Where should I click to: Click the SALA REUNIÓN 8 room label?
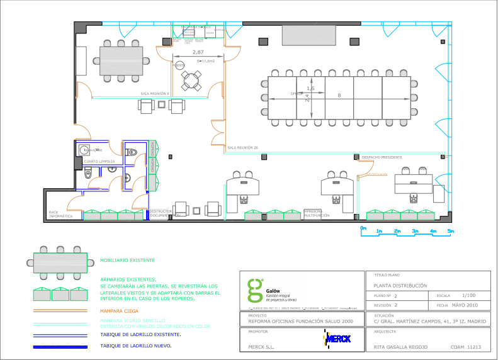pyautogui.click(x=156, y=94)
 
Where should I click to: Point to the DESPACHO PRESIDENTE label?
pyautogui.click(x=382, y=157)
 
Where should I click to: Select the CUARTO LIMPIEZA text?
pyautogui.click(x=99, y=162)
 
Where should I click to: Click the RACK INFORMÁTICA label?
pyautogui.click(x=61, y=214)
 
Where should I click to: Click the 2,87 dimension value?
pyautogui.click(x=198, y=52)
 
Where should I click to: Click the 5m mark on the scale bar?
pyautogui.click(x=451, y=232)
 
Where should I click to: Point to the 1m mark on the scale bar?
pyautogui.click(x=379, y=232)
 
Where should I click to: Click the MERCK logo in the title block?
pyautogui.click(x=337, y=340)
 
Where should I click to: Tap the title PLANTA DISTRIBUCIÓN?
pyautogui.click(x=395, y=285)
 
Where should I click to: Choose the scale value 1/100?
pyautogui.click(x=468, y=295)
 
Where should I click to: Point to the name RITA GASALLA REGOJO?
pyautogui.click(x=400, y=347)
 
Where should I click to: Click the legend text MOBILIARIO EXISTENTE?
pyautogui.click(x=127, y=260)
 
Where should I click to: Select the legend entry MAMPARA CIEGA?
pyautogui.click(x=120, y=310)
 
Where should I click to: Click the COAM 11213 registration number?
pyautogui.click(x=466, y=347)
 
